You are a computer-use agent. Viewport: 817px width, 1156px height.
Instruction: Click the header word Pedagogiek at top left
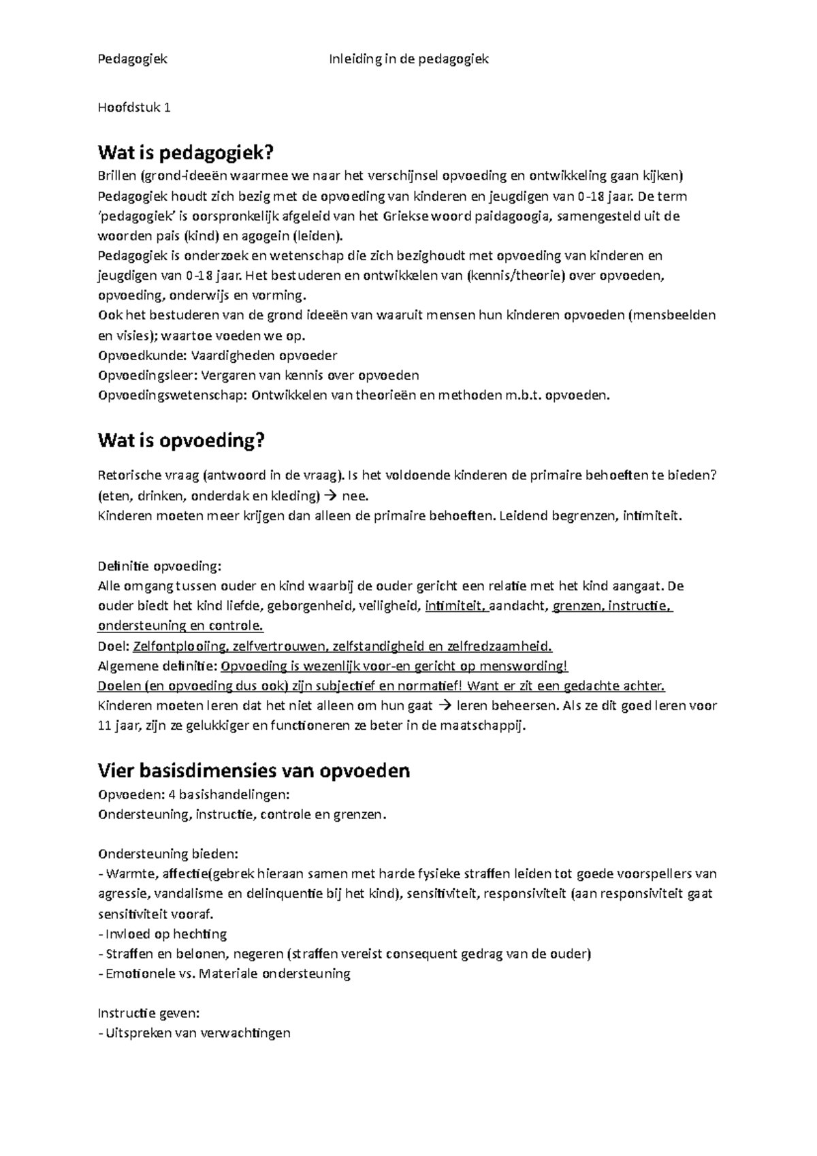[133, 59]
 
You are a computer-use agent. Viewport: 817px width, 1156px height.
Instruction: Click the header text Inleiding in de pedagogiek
[408, 59]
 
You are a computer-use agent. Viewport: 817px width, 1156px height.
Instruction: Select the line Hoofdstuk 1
[134, 108]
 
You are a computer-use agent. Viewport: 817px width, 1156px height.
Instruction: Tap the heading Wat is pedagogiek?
[189, 151]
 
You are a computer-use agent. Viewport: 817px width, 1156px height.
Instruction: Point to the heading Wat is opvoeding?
[180, 441]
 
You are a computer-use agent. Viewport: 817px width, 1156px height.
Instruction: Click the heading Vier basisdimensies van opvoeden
[254, 771]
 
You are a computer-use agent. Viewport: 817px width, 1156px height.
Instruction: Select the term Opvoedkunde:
[142, 355]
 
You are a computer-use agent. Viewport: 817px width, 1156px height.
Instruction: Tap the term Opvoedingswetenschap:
[173, 395]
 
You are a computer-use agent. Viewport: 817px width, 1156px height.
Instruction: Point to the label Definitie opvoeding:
[159, 566]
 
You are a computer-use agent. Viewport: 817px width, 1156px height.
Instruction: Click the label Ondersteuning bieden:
[168, 854]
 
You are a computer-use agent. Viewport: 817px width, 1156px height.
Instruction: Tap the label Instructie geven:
[148, 1012]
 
